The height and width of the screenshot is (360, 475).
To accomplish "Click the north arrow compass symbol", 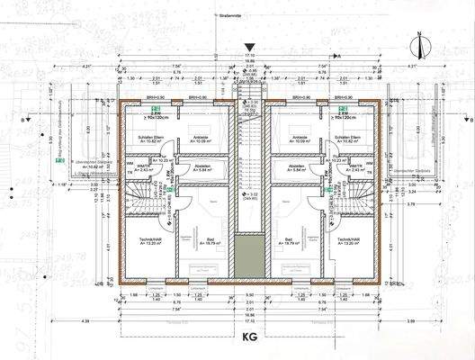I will tap(419, 42).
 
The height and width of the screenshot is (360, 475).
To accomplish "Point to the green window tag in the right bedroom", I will tap(343, 108).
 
